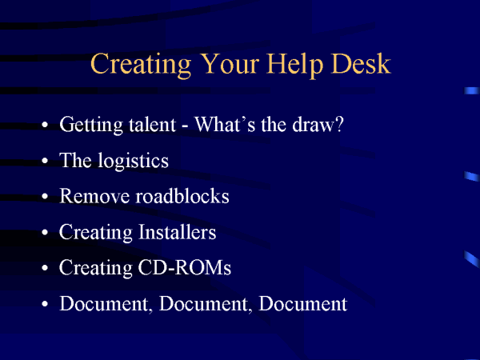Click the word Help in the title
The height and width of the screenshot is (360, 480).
(294, 65)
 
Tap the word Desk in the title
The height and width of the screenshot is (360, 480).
(361, 63)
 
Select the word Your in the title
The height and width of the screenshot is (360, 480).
(231, 63)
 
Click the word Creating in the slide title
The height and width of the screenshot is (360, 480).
(141, 65)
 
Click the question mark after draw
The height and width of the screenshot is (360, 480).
(339, 124)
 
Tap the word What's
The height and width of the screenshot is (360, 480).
(225, 124)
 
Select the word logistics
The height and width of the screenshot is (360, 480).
(133, 162)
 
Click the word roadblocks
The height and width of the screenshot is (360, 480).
(182, 196)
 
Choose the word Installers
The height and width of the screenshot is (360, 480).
(178, 232)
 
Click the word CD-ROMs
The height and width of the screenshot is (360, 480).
(185, 267)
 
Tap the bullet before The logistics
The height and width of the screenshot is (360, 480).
(45, 161)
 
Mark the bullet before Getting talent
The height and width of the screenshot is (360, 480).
(45, 125)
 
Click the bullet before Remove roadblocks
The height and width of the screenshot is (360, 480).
(45, 197)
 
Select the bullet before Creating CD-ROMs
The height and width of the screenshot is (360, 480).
(45, 268)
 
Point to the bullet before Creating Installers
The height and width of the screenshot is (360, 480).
(45, 232)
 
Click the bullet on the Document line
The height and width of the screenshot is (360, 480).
(45, 304)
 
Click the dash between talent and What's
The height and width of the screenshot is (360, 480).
(185, 126)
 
